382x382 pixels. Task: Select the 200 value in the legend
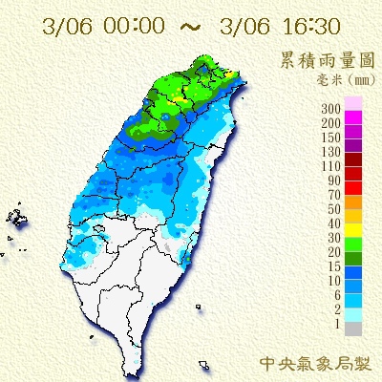coord(333,124)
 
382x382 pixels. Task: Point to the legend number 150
coord(333,138)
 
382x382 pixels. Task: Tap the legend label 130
coord(333,152)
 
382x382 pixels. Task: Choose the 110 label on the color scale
coord(333,166)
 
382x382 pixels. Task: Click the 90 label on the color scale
coord(336,180)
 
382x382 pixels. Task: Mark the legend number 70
coord(336,194)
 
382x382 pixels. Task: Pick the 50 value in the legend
coord(336,208)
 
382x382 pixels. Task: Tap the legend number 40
coord(336,222)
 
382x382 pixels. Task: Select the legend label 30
coord(336,236)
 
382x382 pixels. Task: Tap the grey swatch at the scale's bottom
coord(354,329)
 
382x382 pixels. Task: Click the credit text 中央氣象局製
coord(314,364)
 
